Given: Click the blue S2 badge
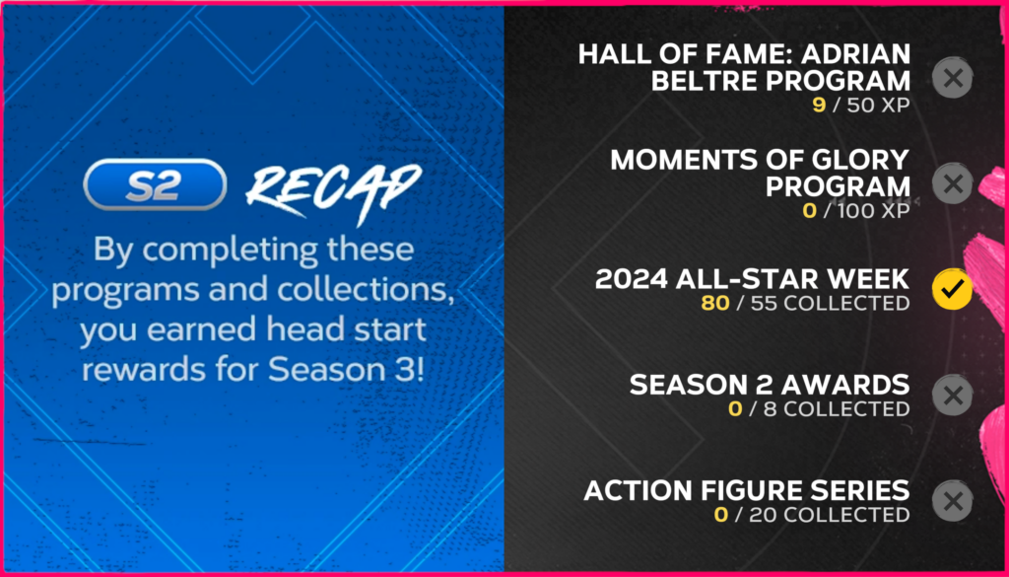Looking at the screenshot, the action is (x=155, y=185).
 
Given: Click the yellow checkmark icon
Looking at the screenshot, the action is (x=953, y=289).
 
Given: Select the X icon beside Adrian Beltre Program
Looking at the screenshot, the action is (x=953, y=78).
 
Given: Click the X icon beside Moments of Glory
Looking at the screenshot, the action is (x=953, y=183).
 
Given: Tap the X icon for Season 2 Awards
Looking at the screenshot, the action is (x=953, y=395).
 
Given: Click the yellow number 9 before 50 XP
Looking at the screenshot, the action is (x=819, y=105).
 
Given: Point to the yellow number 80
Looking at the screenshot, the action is (x=715, y=303).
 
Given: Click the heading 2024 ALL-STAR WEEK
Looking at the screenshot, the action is (x=752, y=279).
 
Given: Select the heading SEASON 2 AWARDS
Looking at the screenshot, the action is (x=769, y=385).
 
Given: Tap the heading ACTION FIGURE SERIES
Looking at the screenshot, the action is (x=747, y=491).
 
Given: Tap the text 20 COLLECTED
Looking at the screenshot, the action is (x=830, y=515).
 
